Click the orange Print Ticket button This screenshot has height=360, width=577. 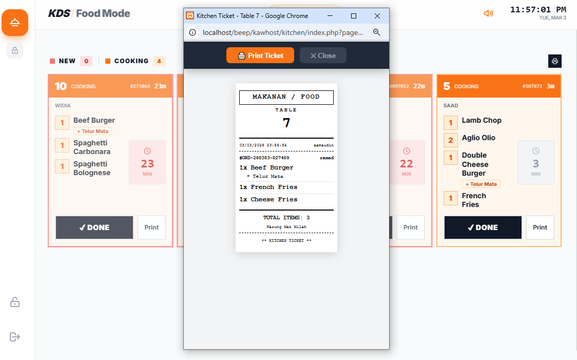[260, 55]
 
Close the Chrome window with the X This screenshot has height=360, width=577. [377, 16]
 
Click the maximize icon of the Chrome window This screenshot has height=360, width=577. [354, 16]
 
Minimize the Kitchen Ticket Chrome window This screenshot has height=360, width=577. [330, 16]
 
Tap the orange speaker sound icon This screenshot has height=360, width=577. [488, 14]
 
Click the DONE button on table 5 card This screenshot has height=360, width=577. [483, 228]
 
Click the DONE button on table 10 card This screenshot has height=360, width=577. [94, 228]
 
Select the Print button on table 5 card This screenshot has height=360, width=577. [540, 228]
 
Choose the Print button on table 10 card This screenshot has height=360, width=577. [151, 228]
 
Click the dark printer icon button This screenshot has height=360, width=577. [554, 61]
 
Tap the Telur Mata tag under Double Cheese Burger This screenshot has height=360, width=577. [481, 184]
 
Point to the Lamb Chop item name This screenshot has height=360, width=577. [482, 120]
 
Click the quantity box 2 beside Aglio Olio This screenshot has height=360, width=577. [450, 140]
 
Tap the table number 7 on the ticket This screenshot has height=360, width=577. [286, 123]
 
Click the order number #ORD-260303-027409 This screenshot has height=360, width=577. [264, 158]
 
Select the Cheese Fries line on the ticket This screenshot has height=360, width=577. [268, 199]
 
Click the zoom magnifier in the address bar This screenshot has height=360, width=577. [376, 32]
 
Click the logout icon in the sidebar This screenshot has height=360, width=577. [15, 337]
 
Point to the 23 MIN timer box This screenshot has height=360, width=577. [147, 162]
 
